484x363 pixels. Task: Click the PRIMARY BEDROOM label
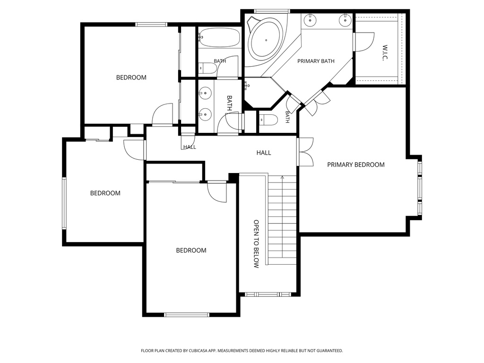point(356,165)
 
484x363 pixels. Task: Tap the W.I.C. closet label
point(385,53)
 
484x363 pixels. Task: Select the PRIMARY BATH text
point(316,61)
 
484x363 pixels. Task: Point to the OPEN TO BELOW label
point(256,244)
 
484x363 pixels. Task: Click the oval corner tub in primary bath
point(266,40)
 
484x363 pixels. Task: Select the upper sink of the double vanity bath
point(205,93)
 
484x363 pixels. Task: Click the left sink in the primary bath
point(310,20)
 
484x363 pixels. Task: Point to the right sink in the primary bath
point(345,20)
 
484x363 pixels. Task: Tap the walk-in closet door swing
point(364,42)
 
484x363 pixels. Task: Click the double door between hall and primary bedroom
point(306,152)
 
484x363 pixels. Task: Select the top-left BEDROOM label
point(131,78)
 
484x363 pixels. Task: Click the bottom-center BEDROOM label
point(191,251)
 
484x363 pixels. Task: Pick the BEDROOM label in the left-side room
point(105,193)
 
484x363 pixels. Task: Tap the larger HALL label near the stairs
point(264,153)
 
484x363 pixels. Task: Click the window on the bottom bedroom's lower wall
point(187,315)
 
